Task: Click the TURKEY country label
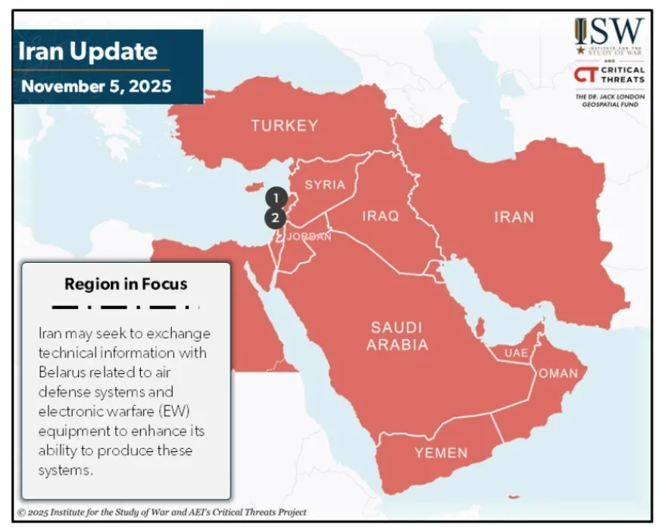tap(284, 126)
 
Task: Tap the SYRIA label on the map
tap(324, 185)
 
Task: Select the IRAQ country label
tap(379, 216)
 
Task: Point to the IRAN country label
tap(514, 217)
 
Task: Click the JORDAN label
tap(309, 236)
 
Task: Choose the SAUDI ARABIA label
tap(397, 336)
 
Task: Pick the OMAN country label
tap(558, 373)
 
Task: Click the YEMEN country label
tap(440, 454)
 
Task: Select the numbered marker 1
tap(276, 198)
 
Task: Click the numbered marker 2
tap(275, 219)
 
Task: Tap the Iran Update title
tap(88, 51)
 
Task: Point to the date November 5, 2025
tap(96, 86)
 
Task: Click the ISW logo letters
tap(616, 32)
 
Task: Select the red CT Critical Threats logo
tap(586, 74)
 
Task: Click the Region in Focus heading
tap(126, 284)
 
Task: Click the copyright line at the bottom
tap(162, 513)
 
